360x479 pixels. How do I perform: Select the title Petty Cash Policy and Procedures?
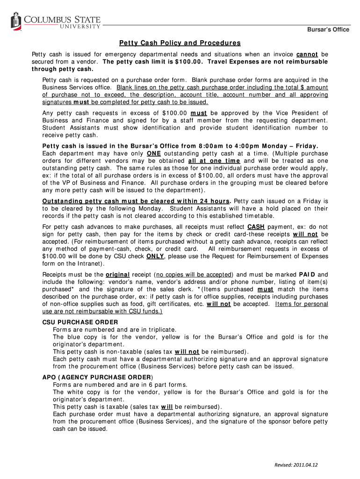tap(180, 43)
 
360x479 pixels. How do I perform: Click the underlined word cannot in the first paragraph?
tap(307, 54)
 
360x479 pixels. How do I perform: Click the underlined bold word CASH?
tap(257, 226)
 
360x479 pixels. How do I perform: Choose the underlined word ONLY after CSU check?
tap(155, 256)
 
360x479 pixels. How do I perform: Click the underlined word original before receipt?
tap(118, 275)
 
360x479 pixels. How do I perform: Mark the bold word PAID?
tap(308, 275)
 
